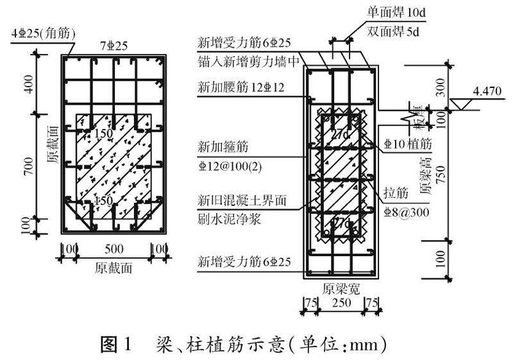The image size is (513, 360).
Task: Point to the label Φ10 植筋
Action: point(408,143)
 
